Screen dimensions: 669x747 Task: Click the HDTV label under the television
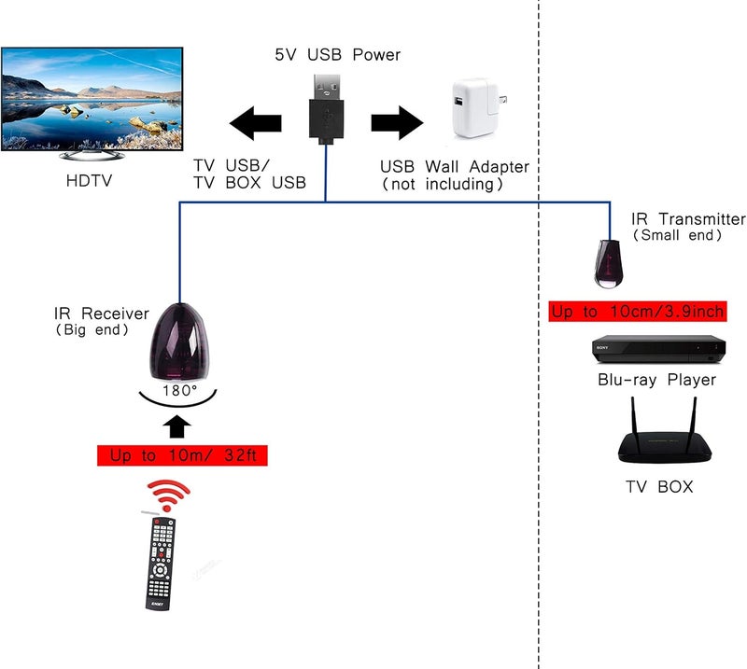pos(89,180)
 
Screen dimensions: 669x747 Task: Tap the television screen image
pos(92,97)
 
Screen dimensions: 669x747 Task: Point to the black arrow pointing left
pos(256,123)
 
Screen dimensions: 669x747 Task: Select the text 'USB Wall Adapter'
pos(454,167)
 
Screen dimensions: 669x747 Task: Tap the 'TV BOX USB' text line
pos(249,183)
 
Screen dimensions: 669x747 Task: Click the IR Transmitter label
pos(687,219)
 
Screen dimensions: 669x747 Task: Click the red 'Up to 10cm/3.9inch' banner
pos(638,312)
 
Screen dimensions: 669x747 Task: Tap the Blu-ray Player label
pos(656,380)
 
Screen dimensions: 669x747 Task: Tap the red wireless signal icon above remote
pos(170,494)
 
